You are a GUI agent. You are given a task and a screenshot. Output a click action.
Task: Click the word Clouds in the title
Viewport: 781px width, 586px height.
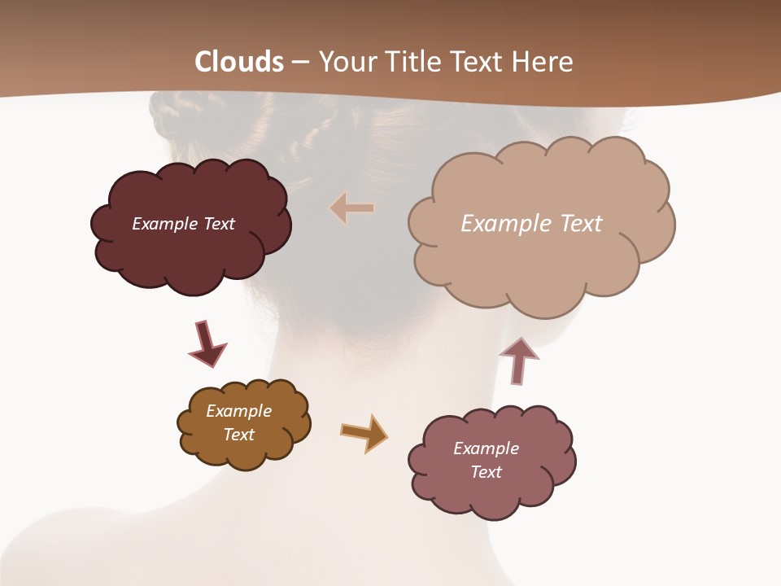[x=239, y=62]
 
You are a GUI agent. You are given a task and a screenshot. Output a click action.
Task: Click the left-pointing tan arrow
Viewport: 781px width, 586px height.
[x=352, y=208]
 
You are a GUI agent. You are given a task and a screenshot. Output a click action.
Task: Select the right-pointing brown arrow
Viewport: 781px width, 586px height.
[x=364, y=432]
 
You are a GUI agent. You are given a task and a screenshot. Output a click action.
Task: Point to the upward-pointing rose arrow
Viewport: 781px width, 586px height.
[x=519, y=361]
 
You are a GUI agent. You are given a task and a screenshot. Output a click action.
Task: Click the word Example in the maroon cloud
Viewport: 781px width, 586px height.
[x=165, y=224]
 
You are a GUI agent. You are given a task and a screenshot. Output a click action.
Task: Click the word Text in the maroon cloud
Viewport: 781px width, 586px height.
[x=219, y=224]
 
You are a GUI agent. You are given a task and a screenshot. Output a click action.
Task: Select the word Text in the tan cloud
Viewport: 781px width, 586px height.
[x=581, y=224]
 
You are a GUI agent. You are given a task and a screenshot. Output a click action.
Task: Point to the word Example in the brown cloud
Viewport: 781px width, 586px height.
[x=238, y=411]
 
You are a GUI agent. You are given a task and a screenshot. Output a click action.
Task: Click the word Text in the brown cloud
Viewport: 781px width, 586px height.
[x=239, y=435]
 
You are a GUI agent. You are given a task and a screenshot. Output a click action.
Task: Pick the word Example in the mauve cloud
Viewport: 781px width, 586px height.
[x=486, y=448]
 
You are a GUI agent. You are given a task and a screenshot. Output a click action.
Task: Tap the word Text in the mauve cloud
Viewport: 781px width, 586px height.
[x=486, y=472]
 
